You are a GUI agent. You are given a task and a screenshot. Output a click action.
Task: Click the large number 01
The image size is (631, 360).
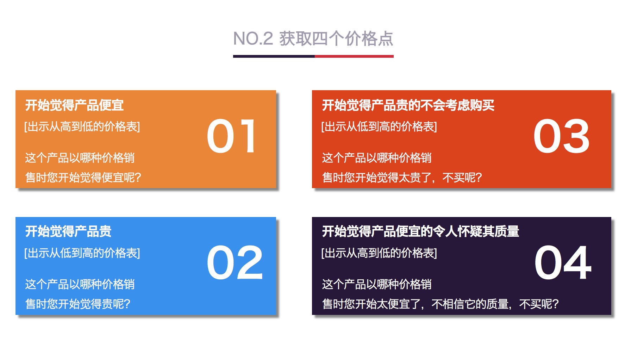tap(231, 136)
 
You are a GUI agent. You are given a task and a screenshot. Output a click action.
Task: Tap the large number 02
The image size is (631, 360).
tap(235, 262)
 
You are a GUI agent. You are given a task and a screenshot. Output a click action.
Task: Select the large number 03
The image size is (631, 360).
tap(561, 136)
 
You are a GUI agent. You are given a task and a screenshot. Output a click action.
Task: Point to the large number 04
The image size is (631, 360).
tap(563, 262)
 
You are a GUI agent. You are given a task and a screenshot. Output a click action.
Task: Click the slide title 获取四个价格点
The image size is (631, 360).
tap(336, 39)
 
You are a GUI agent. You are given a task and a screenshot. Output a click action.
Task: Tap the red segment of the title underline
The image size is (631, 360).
tap(354, 56)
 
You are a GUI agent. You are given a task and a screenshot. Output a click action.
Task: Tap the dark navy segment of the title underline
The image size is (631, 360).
tap(274, 56)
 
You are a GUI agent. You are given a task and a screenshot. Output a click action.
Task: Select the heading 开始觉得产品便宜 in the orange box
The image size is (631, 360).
tap(74, 105)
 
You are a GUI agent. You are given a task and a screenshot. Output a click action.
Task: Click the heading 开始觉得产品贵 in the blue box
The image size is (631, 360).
tap(68, 231)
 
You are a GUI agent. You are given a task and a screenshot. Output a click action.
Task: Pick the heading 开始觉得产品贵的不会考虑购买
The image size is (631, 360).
tap(408, 105)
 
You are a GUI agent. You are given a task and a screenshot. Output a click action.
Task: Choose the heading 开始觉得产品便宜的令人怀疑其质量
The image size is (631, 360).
tap(420, 231)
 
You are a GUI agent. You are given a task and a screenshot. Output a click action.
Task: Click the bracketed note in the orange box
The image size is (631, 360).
tap(82, 126)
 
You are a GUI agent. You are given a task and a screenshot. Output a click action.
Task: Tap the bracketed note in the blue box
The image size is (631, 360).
tap(82, 253)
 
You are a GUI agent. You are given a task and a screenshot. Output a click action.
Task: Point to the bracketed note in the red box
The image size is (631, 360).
tap(379, 126)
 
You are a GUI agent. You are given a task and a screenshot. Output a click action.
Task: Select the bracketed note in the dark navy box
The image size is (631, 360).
tap(379, 253)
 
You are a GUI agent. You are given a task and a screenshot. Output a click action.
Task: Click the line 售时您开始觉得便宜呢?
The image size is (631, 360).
tap(83, 178)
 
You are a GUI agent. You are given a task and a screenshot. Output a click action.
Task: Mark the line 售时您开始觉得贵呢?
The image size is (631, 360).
tap(78, 304)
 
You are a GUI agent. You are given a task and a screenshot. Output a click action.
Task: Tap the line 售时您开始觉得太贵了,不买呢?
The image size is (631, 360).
tap(402, 178)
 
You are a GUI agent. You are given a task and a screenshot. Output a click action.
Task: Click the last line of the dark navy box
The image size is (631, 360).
tap(440, 304)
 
